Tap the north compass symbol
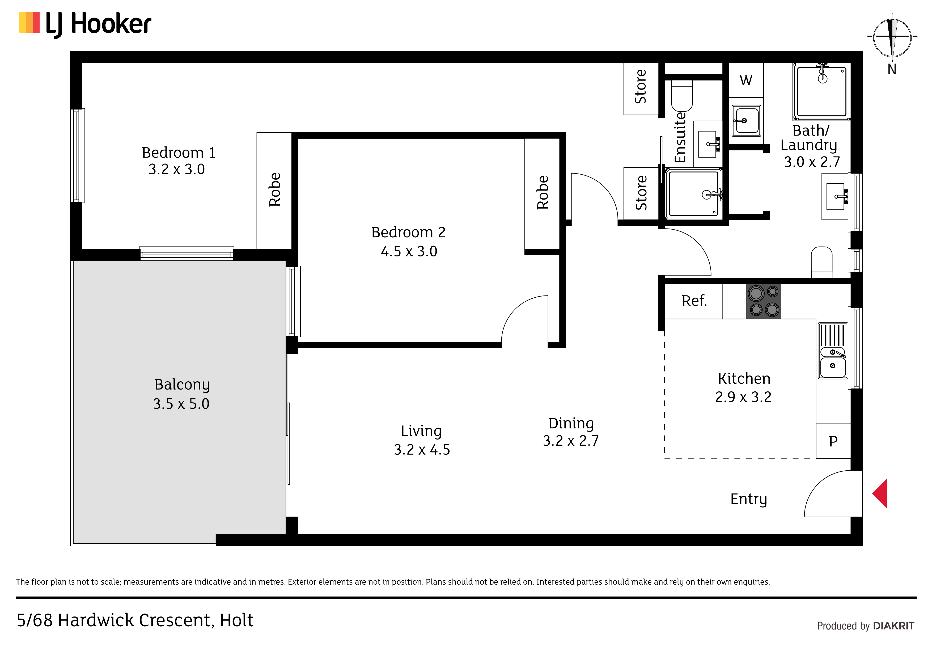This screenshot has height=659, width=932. click(892, 41)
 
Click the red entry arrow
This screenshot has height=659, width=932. click(880, 493)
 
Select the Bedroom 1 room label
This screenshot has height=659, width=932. click(179, 153)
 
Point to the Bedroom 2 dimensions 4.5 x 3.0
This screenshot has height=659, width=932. click(409, 251)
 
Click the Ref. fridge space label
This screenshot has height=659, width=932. click(694, 301)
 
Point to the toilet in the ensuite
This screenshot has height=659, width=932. click(682, 96)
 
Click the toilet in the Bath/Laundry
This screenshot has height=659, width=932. click(821, 262)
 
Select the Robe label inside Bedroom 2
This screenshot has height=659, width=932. click(543, 192)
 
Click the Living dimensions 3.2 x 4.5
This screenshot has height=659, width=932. click(422, 450)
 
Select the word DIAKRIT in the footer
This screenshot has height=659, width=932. click(894, 626)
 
